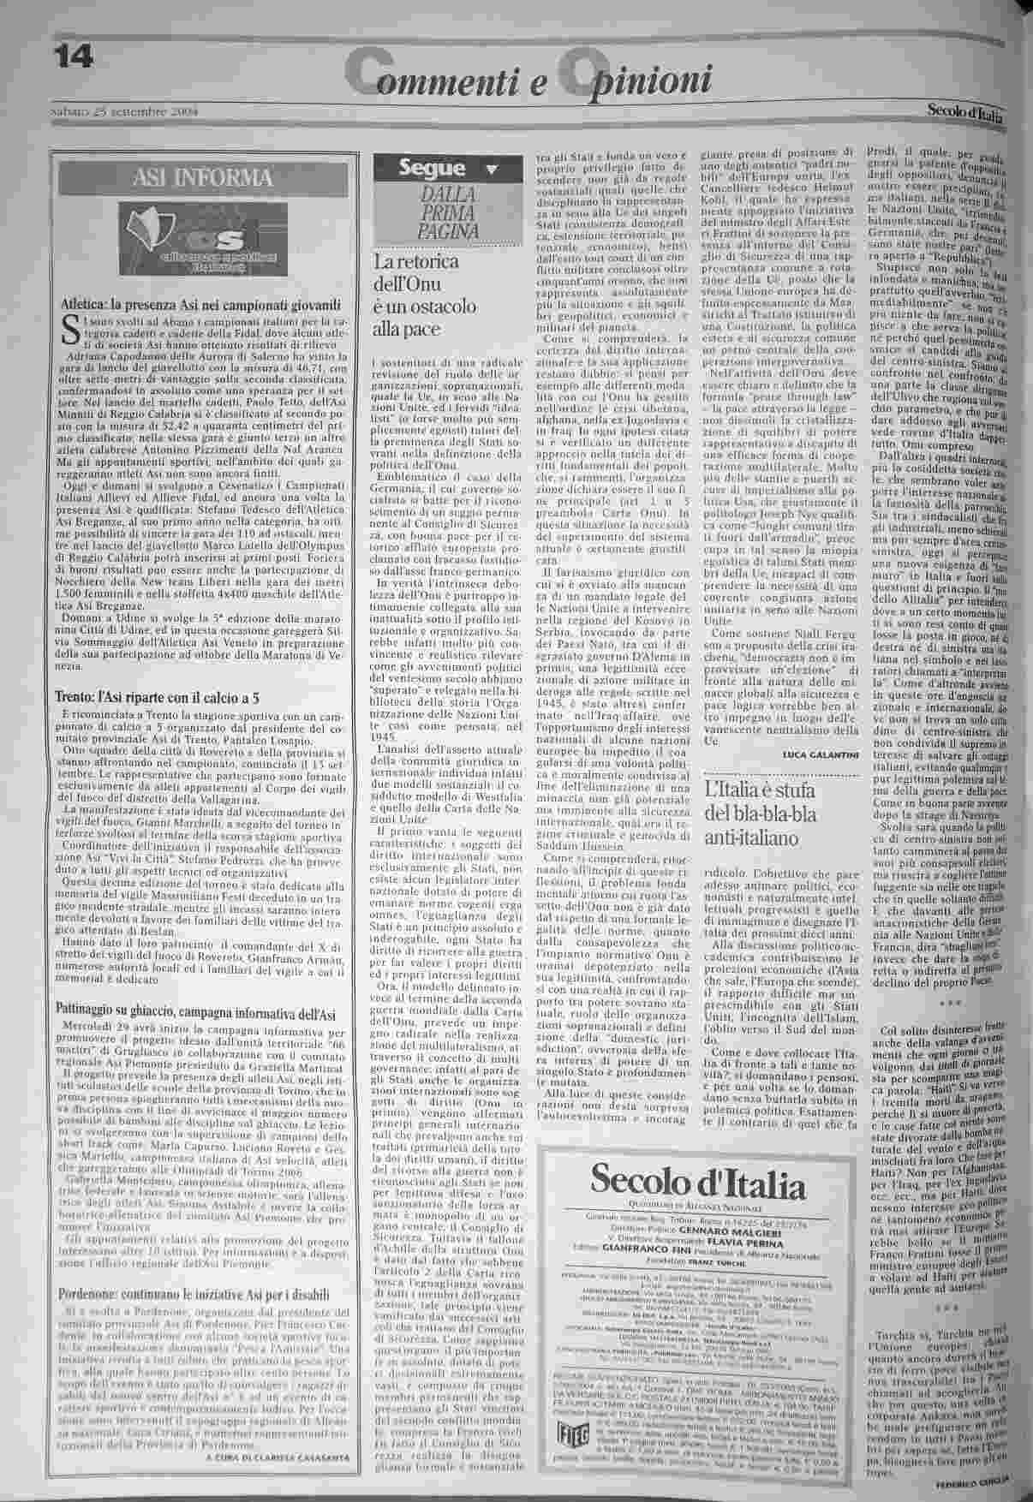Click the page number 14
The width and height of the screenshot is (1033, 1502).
[75, 57]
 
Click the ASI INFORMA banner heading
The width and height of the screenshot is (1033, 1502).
[201, 178]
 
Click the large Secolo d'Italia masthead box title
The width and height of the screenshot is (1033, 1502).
[698, 1186]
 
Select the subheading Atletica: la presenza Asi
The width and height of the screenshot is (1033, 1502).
[201, 305]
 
